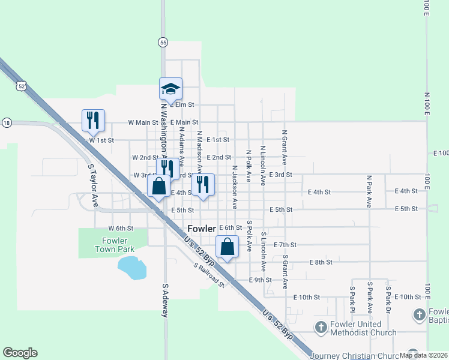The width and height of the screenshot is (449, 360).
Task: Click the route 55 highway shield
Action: tap(163, 42)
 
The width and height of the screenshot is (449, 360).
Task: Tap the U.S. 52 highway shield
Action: tap(22, 86)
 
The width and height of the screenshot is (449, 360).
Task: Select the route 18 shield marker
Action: tap(7, 122)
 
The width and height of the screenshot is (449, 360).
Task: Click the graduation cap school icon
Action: tap(170, 89)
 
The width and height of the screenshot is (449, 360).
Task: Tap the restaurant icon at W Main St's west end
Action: tap(93, 121)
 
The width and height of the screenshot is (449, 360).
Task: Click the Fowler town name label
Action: tap(202, 229)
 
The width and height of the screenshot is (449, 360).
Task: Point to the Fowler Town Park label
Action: tap(114, 245)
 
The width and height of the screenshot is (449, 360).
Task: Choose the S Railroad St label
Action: tap(209, 275)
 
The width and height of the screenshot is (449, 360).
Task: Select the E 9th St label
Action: tap(261, 280)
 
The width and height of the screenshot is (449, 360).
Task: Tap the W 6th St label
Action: tap(119, 229)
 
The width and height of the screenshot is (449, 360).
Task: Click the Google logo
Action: tap(20, 353)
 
